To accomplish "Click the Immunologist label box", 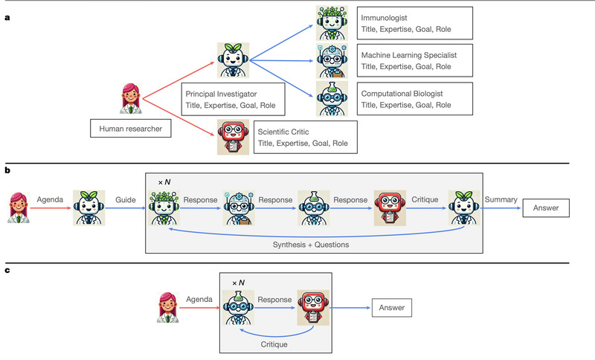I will [414, 23].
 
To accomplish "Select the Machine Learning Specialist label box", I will [414, 60].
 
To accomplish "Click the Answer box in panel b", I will [545, 208].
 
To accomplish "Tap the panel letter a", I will [7, 9].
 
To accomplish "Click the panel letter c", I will [7, 271].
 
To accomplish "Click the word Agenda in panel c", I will [199, 299].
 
